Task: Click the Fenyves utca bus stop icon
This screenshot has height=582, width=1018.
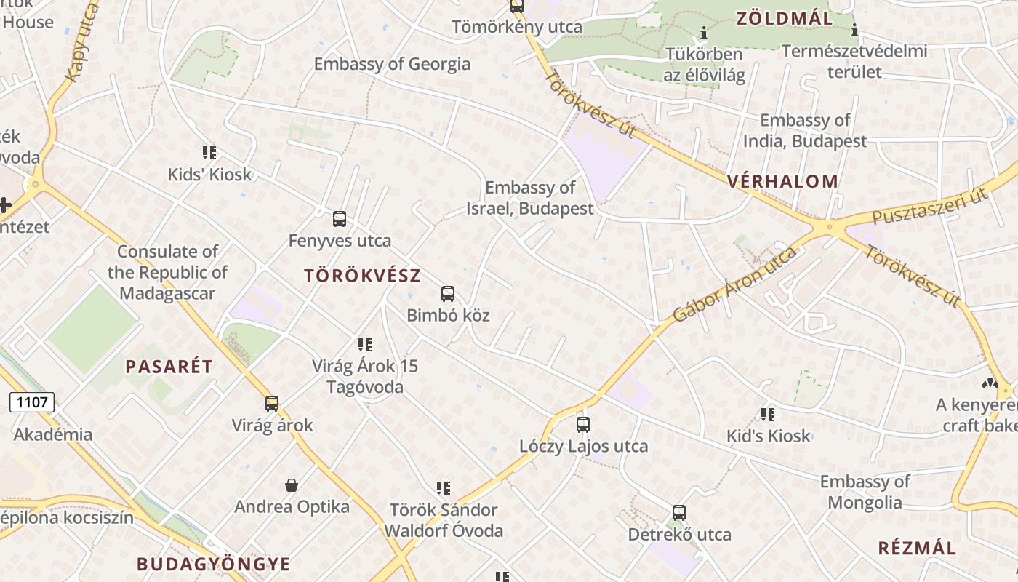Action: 340,218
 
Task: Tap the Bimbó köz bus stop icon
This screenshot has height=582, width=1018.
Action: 448,294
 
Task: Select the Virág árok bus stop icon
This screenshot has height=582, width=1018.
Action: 272,403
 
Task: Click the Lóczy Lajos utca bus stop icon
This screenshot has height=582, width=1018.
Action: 583,425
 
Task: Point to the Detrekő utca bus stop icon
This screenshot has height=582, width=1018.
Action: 679,513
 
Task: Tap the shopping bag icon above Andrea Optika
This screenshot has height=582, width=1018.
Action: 292,485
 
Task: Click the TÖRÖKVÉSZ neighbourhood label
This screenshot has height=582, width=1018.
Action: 363,276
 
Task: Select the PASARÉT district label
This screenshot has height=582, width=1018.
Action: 169,367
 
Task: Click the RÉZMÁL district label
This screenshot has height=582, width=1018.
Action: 917,548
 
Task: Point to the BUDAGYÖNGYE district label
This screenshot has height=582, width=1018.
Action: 214,564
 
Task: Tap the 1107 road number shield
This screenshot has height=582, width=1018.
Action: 31,402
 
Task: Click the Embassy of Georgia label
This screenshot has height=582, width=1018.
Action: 392,64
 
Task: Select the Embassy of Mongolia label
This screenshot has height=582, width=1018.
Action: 865,492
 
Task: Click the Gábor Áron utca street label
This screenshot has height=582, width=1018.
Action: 734,284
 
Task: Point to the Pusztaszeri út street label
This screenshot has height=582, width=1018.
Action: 930,207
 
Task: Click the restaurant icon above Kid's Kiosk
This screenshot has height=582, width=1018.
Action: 768,415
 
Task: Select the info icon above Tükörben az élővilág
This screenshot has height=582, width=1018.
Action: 703,33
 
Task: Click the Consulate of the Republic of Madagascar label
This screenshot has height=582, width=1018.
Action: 168,273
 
